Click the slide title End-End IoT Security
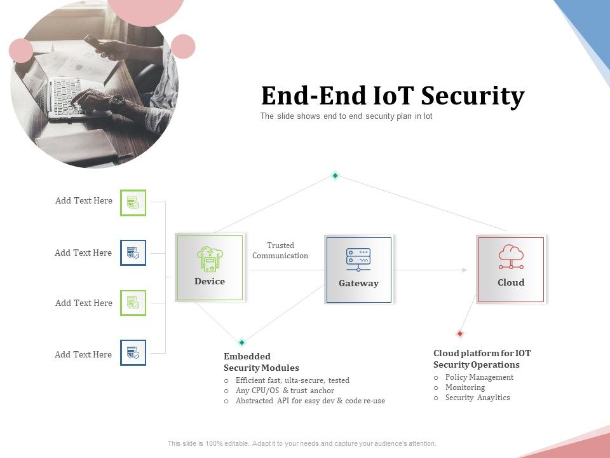click(x=393, y=96)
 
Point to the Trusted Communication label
click(x=280, y=251)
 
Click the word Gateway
click(x=358, y=284)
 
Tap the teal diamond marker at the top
click(x=335, y=176)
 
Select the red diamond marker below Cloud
click(x=460, y=333)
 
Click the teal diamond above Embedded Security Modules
click(x=241, y=342)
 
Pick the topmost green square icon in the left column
click(x=133, y=203)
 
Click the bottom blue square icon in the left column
click(x=133, y=352)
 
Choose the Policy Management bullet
click(x=479, y=377)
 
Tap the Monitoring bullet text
click(x=465, y=387)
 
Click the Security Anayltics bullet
click(x=477, y=398)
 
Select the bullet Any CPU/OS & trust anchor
click(x=285, y=391)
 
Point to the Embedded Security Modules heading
click(x=261, y=362)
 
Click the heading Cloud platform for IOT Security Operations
click(x=482, y=359)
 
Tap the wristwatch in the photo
click(x=117, y=100)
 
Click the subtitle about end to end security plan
click(x=346, y=116)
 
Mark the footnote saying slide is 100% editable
click(x=302, y=443)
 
